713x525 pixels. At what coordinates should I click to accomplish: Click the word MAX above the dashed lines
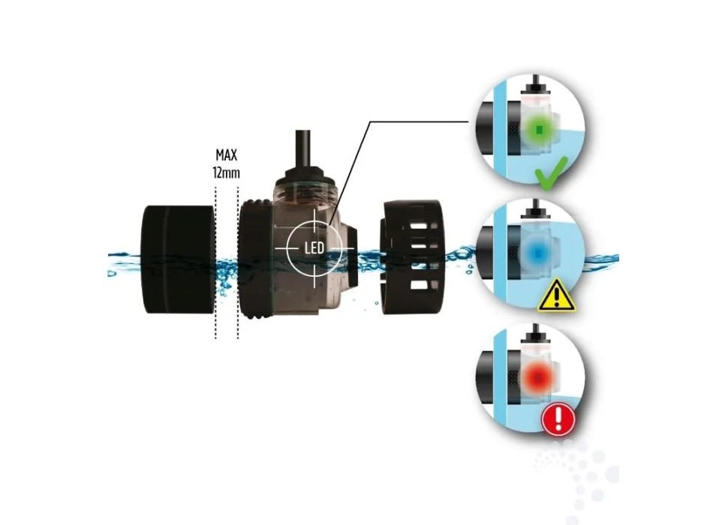pyautogui.click(x=227, y=155)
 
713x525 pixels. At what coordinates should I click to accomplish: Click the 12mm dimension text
pyautogui.click(x=227, y=172)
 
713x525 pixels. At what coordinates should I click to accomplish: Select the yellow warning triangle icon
pyautogui.click(x=556, y=297)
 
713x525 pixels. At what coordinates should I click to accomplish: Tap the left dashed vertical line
pyautogui.click(x=216, y=262)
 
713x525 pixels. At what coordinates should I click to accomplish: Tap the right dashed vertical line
pyautogui.click(x=238, y=262)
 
